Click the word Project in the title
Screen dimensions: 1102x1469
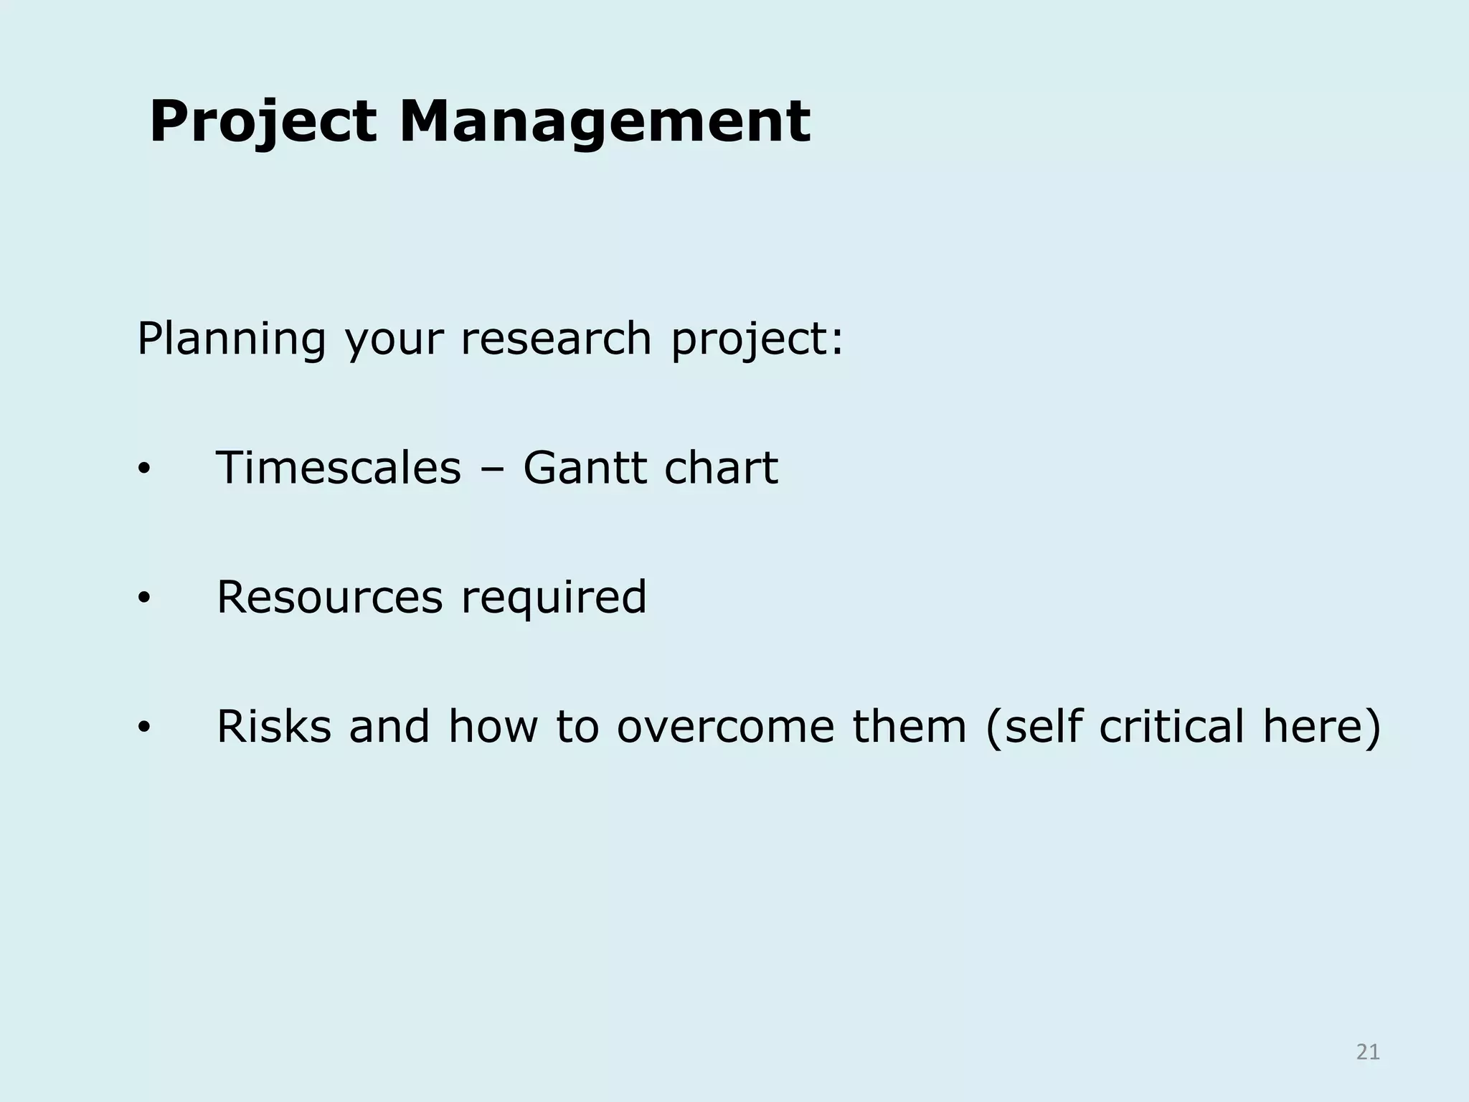263,122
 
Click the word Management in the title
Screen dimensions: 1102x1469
604,122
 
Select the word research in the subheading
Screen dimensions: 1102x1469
555,339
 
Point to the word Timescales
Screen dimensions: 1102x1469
338,468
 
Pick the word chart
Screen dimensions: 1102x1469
721,468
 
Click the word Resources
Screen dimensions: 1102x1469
329,597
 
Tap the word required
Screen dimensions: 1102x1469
554,598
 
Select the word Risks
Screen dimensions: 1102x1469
273,726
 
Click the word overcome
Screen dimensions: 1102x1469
725,726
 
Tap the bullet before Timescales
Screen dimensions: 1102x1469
143,471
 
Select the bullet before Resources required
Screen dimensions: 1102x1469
143,599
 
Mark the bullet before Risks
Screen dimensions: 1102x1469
143,728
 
